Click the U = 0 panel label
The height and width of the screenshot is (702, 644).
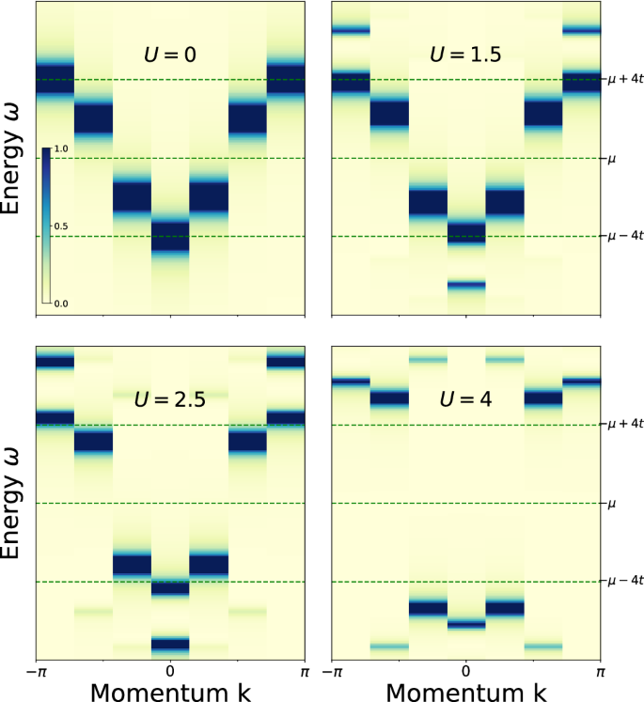(x=170, y=54)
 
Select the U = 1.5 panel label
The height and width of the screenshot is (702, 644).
(x=466, y=54)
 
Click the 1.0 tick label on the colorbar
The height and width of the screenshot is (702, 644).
(x=61, y=150)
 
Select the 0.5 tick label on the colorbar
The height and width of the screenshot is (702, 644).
(x=61, y=227)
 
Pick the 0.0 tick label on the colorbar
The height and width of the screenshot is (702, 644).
(x=61, y=304)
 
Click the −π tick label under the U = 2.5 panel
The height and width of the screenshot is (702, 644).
(x=36, y=673)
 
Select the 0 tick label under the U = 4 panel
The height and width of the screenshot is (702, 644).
(x=466, y=673)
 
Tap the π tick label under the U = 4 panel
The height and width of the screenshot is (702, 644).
(x=600, y=673)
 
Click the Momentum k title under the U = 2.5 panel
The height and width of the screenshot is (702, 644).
(x=170, y=692)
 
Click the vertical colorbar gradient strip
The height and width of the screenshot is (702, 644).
(x=45, y=226)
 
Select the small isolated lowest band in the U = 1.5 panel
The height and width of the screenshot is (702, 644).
(x=466, y=284)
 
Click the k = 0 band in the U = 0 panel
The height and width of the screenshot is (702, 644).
(x=170, y=234)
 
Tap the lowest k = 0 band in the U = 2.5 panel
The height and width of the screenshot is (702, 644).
(x=170, y=644)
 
